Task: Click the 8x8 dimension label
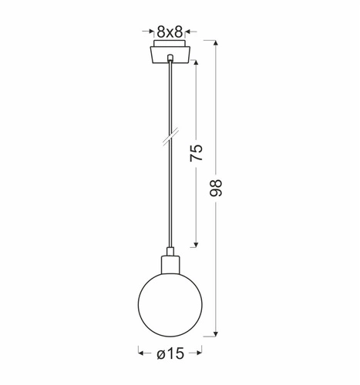169,32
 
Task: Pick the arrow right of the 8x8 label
191,32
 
